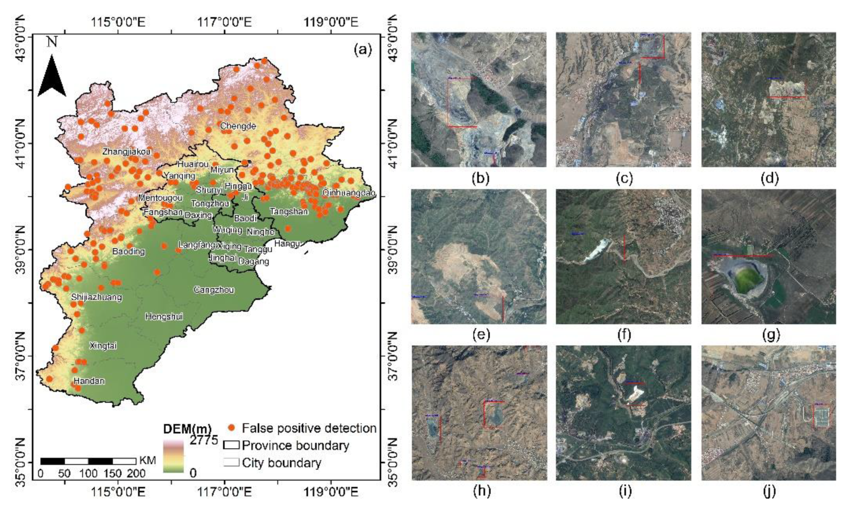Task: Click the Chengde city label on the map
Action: coord(238,126)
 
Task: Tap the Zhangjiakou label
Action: coord(126,151)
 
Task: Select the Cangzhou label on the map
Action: coord(214,290)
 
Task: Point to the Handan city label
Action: coord(89,381)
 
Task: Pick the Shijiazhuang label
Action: coord(97,297)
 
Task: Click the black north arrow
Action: coord(52,77)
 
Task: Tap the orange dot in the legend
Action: coord(231,428)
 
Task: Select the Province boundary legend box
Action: coord(231,445)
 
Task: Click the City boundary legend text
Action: coord(282,463)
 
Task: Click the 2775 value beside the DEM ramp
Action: coord(204,440)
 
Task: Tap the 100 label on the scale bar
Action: coord(88,474)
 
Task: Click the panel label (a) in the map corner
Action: coord(362,50)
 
